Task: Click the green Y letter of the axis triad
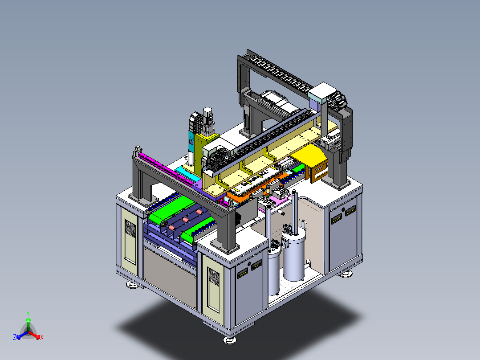[x=28, y=313]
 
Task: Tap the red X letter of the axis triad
[x=42, y=337]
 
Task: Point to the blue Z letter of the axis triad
[x=15, y=337]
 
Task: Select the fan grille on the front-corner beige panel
[x=213, y=276]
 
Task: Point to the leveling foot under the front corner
[x=230, y=340]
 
